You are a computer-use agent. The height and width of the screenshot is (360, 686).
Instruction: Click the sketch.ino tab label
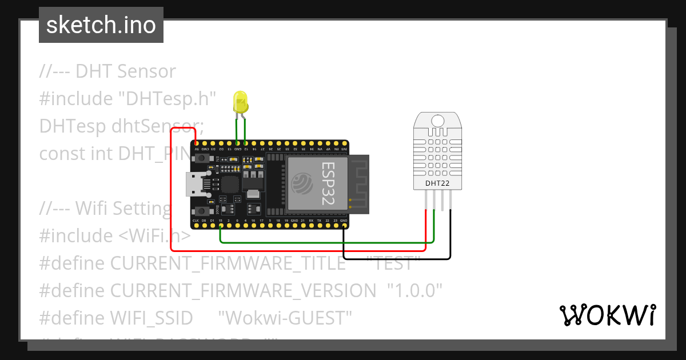click(x=101, y=25)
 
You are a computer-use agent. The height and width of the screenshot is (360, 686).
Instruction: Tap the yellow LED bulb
click(x=241, y=103)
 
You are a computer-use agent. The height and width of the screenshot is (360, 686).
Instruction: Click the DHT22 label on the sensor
click(x=437, y=183)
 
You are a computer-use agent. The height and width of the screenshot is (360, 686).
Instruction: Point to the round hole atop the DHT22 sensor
click(x=437, y=120)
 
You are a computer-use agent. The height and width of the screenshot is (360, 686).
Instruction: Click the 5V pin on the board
click(x=196, y=143)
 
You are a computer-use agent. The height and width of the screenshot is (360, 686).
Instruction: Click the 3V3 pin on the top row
click(x=344, y=143)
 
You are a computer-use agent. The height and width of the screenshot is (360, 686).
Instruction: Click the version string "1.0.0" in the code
click(x=415, y=291)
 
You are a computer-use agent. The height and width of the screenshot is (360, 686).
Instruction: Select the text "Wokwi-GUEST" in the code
click(x=285, y=318)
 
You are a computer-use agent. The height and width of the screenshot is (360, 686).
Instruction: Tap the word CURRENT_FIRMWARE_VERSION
click(x=243, y=291)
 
